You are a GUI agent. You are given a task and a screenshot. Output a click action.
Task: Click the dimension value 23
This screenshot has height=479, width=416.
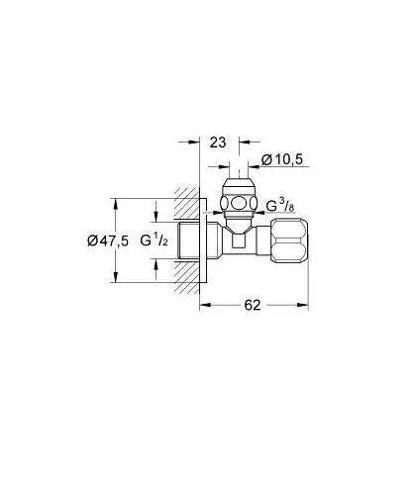(218, 143)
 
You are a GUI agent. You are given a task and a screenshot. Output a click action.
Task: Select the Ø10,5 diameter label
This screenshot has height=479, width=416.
(282, 160)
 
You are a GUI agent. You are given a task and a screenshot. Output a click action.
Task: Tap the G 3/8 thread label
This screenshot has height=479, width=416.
(280, 206)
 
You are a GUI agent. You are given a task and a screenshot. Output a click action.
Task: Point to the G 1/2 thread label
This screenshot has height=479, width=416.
(155, 240)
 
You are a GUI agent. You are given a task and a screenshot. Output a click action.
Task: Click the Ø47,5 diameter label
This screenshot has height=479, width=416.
(108, 240)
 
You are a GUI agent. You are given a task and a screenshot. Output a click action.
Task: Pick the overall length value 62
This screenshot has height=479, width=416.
(253, 305)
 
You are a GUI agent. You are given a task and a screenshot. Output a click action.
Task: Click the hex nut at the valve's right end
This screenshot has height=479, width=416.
(290, 240)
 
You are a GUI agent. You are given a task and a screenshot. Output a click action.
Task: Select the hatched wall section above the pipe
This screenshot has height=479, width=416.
(187, 204)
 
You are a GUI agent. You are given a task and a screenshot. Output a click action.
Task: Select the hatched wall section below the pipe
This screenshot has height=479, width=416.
(187, 276)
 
